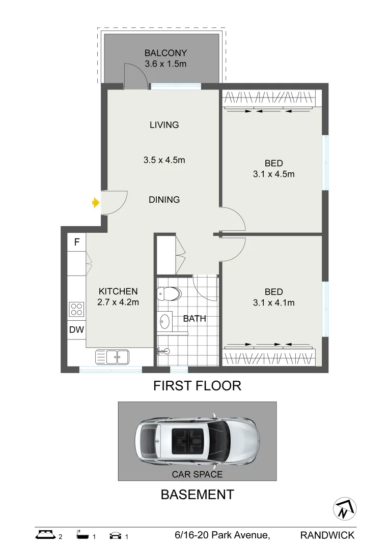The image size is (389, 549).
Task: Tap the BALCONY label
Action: [x=165, y=53]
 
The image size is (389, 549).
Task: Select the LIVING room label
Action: [x=164, y=125]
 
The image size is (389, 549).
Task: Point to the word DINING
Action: [x=164, y=200]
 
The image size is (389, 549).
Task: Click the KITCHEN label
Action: [x=118, y=291]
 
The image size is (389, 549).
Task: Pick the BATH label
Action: [x=194, y=319]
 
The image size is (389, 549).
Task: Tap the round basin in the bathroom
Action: [x=165, y=321]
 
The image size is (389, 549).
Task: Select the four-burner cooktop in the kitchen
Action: [x=76, y=309]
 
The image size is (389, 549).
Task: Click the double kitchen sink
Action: [x=113, y=357]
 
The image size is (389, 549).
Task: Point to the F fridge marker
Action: [x=77, y=242]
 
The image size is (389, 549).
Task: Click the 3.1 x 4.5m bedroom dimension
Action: [x=274, y=174]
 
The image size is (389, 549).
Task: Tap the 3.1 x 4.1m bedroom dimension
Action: [x=274, y=302]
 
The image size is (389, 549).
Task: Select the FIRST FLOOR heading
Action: [x=197, y=386]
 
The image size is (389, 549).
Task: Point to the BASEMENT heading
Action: [x=197, y=495]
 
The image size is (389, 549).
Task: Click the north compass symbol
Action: [x=345, y=509]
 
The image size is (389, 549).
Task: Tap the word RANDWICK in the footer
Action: [x=327, y=535]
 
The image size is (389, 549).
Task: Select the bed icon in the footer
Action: [x=46, y=534]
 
